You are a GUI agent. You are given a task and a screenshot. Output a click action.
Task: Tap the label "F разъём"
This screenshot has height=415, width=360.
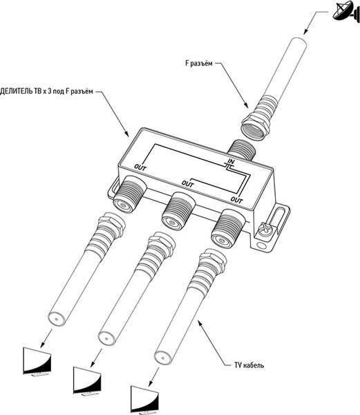[199, 64]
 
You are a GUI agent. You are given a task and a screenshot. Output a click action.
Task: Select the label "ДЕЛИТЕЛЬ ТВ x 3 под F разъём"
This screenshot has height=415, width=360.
[46, 91]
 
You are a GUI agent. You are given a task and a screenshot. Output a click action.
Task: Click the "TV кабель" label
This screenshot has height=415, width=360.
[249, 365]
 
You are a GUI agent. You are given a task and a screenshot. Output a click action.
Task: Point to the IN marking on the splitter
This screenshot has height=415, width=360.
[231, 161]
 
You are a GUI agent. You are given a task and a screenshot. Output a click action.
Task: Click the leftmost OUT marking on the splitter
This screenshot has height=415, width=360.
[140, 167]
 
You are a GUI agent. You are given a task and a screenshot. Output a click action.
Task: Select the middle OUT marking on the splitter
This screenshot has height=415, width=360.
[187, 184]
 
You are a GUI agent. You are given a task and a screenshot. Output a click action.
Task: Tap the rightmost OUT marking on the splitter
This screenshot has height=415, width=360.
[236, 200]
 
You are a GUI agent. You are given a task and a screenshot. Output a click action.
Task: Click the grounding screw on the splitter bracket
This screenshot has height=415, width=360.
[265, 229]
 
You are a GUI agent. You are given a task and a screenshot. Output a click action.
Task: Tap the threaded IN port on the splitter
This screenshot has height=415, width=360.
[242, 150]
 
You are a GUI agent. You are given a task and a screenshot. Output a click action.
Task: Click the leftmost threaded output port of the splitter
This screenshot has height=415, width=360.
[129, 194]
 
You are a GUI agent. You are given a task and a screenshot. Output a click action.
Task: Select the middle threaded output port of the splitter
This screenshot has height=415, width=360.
[178, 211]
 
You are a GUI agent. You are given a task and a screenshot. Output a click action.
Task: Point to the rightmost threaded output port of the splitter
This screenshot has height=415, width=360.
[228, 228]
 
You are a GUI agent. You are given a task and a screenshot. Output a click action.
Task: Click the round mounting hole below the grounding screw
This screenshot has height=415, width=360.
[261, 246]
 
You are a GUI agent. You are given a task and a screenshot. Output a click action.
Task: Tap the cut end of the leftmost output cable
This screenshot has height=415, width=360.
[57, 318]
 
